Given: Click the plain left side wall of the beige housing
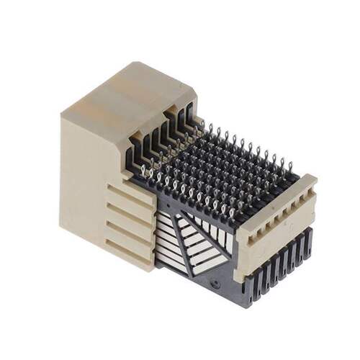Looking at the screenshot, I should tap(79, 187).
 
